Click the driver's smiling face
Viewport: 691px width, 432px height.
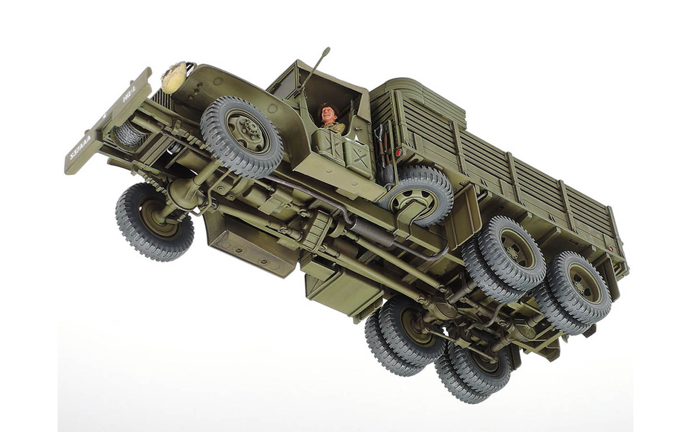tap(327, 115)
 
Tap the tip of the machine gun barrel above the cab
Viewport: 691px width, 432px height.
tap(327, 49)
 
